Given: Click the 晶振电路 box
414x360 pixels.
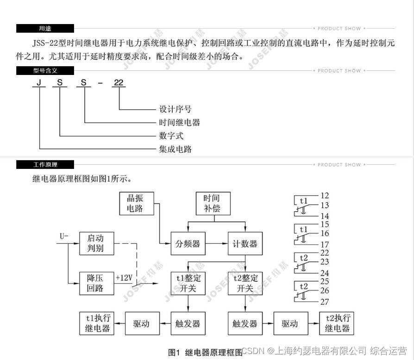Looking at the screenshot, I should point(135,203).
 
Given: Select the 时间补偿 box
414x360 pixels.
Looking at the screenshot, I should point(213,203).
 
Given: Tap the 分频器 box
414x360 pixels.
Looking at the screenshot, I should point(188,243).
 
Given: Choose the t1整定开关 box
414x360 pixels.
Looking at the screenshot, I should point(188,283).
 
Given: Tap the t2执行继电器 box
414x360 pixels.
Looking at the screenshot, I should point(337,323).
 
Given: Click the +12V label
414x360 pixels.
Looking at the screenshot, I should point(124,278).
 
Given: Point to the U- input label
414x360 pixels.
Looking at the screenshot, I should point(64,237).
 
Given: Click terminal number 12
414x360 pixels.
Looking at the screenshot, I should point(324,196).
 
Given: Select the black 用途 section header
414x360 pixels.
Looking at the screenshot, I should point(45,29).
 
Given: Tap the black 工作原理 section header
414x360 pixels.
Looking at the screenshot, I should point(45,165).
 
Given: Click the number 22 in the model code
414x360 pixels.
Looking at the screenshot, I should point(119,83).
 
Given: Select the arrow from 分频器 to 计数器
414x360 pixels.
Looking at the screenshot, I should point(216,243).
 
